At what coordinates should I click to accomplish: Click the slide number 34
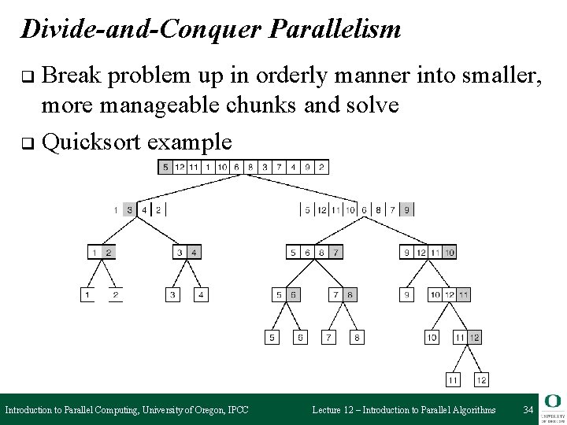tap(529, 409)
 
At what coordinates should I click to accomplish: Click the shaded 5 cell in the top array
tap(165, 167)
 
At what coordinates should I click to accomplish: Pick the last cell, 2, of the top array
tap(321, 167)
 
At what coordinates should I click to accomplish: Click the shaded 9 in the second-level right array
tap(406, 209)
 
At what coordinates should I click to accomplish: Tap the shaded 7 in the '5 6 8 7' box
tap(335, 253)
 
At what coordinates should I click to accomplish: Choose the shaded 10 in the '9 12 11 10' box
tap(449, 253)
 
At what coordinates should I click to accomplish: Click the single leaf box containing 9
tap(407, 295)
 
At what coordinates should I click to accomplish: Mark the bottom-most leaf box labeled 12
tap(481, 380)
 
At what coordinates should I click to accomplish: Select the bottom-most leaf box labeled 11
tap(454, 380)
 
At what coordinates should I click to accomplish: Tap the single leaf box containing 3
tap(173, 295)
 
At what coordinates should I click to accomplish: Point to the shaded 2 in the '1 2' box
tap(109, 253)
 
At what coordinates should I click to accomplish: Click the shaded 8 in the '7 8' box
tap(350, 295)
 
